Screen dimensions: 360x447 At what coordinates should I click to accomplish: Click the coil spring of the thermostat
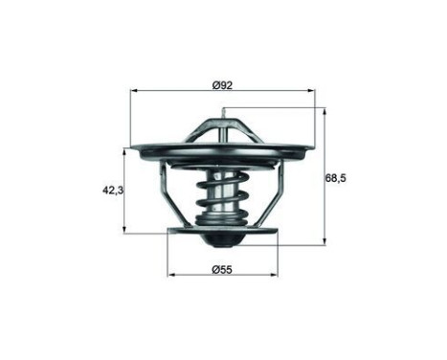[222, 196]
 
